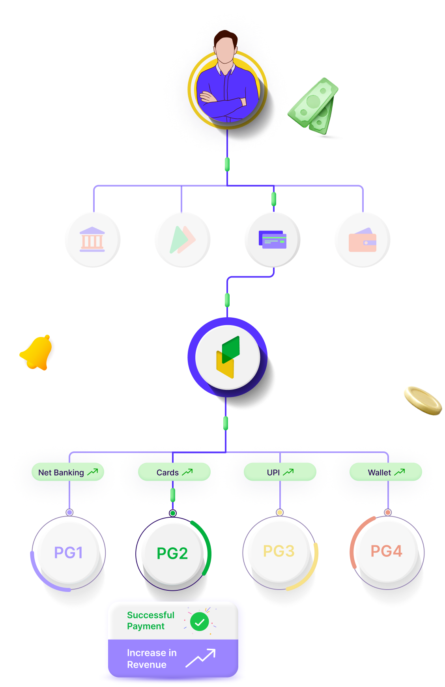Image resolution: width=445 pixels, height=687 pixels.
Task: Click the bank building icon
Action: tap(92, 239)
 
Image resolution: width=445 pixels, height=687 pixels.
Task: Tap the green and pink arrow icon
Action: tap(182, 240)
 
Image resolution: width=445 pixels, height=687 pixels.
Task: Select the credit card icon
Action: tap(273, 240)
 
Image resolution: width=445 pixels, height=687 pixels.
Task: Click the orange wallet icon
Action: tap(363, 240)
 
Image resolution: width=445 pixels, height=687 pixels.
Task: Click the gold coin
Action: tap(422, 401)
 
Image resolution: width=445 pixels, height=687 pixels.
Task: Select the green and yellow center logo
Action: tap(228, 357)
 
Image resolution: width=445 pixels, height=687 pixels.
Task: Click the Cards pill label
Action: tap(174, 472)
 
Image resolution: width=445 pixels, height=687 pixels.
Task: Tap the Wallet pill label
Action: tap(386, 472)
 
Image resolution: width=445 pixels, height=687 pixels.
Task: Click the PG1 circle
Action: tap(69, 553)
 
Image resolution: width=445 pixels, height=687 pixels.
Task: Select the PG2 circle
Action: tap(172, 554)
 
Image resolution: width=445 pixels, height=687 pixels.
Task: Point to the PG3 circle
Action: tap(279, 551)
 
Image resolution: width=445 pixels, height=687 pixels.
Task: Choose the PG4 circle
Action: tap(386, 551)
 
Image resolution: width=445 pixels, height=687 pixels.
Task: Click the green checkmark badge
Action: tap(200, 622)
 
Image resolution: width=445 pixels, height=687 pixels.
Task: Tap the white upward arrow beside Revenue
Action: tap(201, 658)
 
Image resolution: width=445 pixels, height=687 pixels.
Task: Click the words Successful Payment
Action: tap(150, 621)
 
